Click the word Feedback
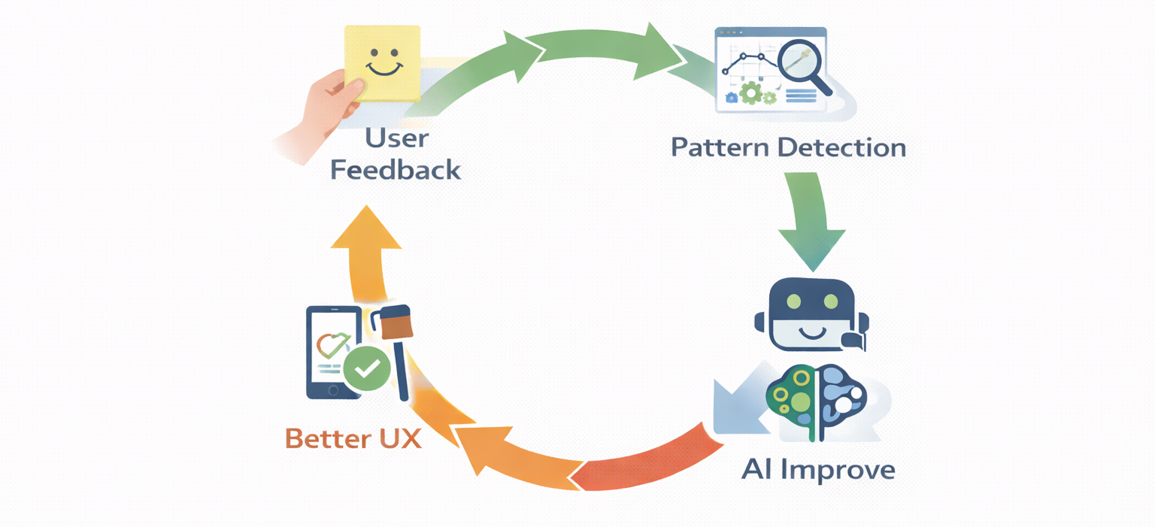396,170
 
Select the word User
396,138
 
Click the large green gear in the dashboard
750,93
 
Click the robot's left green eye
793,302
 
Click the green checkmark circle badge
367,369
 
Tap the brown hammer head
397,323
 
